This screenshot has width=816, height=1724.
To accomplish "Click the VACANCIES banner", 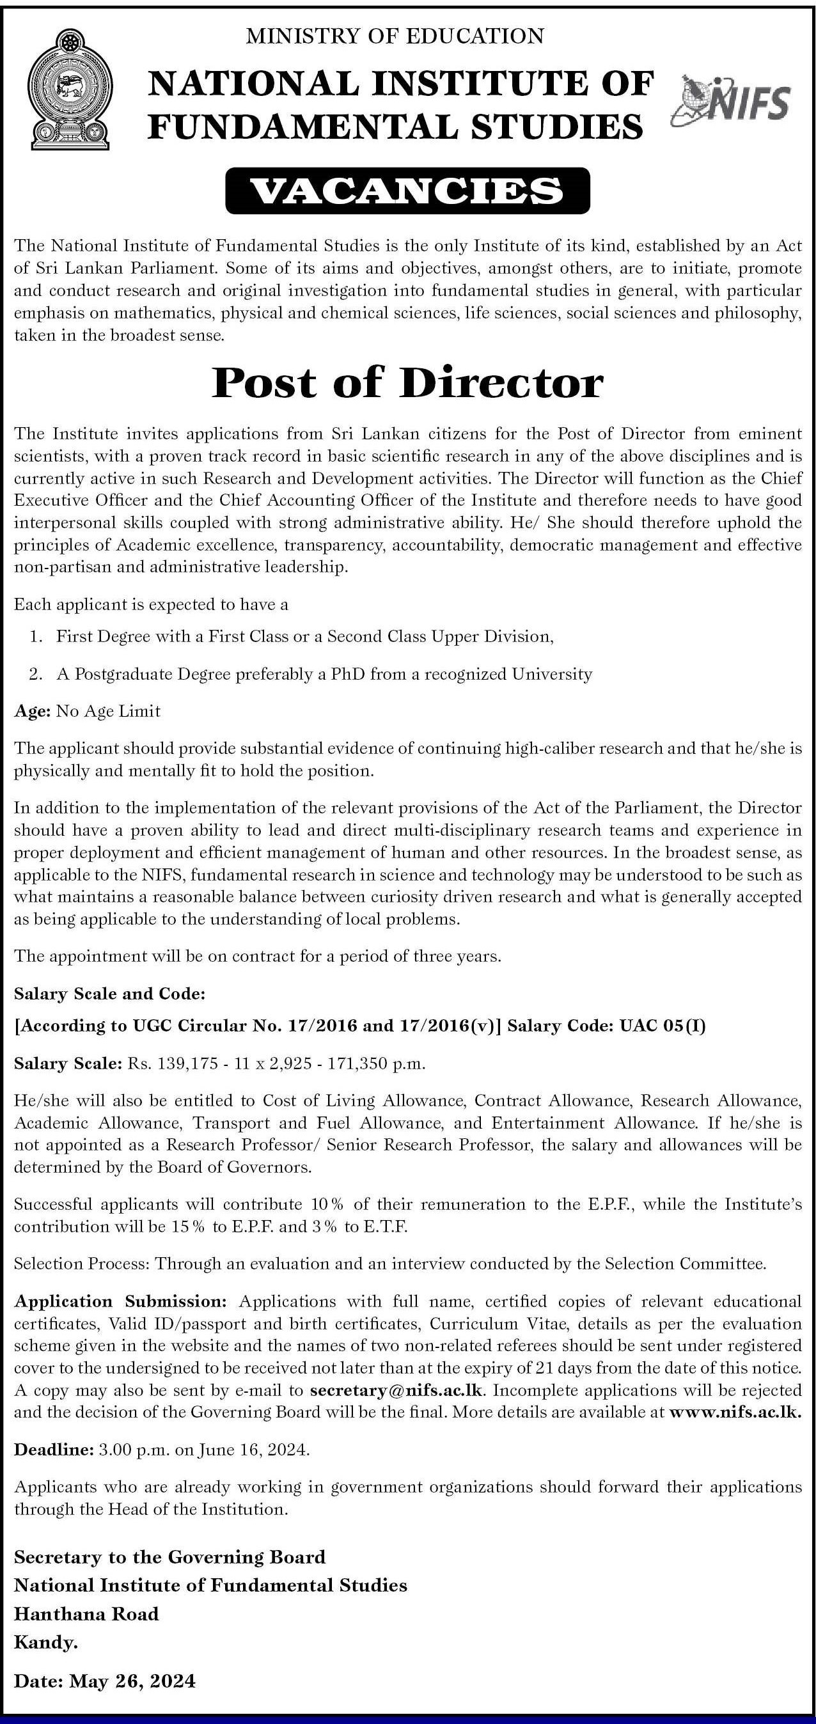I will point(407,191).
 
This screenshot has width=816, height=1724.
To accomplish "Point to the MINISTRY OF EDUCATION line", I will point(395,35).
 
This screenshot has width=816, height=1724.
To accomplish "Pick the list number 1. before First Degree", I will point(36,636).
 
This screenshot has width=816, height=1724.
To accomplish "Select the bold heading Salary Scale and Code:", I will point(109,994).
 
